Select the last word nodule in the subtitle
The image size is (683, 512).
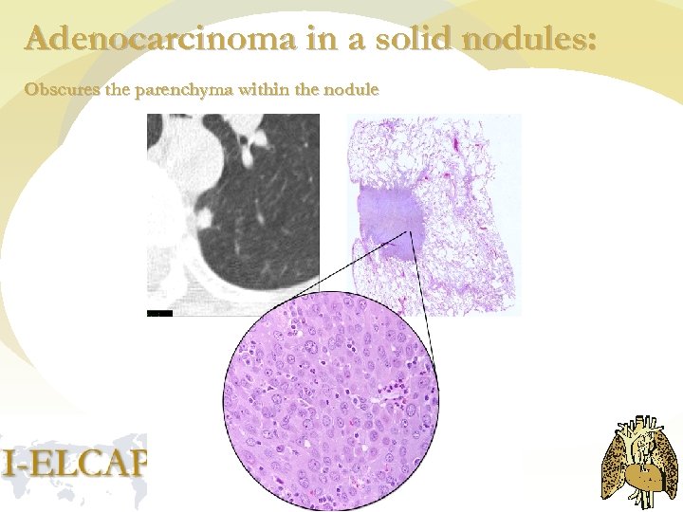pos(354,91)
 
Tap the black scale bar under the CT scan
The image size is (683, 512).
pos(161,311)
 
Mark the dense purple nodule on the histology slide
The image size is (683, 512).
pos(387,221)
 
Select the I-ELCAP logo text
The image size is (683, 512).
pos(74,463)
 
